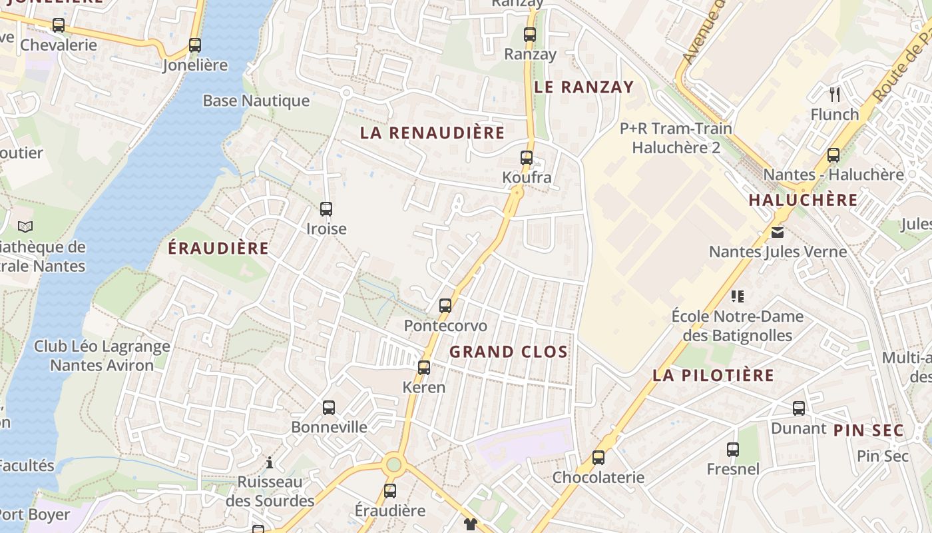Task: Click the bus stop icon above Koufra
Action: click(x=527, y=158)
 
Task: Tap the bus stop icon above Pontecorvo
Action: click(x=445, y=306)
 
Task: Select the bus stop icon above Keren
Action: click(x=424, y=367)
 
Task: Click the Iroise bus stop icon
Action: click(x=326, y=209)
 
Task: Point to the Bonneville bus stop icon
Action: click(x=329, y=408)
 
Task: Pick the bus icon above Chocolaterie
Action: click(x=598, y=458)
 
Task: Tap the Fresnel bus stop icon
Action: click(x=733, y=450)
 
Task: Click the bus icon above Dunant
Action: click(x=799, y=408)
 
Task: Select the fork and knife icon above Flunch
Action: click(x=835, y=94)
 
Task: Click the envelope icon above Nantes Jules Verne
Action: click(x=778, y=233)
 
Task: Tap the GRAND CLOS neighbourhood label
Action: click(x=509, y=352)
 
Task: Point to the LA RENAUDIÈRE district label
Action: click(x=432, y=133)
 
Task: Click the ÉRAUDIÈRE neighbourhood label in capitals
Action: click(x=218, y=249)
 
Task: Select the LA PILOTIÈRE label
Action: click(x=713, y=375)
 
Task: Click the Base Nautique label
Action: click(x=256, y=101)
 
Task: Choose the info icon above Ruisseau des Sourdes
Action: click(x=270, y=462)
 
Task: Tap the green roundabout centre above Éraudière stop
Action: click(x=394, y=464)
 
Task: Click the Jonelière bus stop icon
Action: click(x=195, y=45)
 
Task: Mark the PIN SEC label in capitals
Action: click(x=868, y=430)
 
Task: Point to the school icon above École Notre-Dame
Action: click(x=738, y=296)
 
